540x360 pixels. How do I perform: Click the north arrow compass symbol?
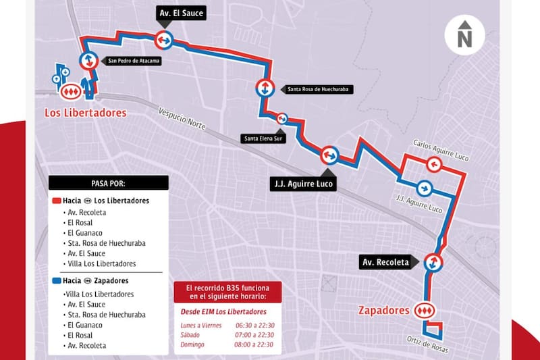464,35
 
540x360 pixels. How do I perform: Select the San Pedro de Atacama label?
134,61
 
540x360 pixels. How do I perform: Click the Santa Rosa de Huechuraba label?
318,88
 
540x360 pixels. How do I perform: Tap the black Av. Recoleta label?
384,262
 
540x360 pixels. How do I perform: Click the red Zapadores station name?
383,311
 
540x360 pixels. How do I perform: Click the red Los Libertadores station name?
85,113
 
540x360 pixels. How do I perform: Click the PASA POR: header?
108,183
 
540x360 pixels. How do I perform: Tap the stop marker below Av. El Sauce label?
163,40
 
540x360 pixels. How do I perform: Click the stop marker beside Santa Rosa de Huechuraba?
264,88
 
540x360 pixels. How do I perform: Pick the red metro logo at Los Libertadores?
72,90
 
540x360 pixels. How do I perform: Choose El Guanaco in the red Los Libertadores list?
86,232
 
